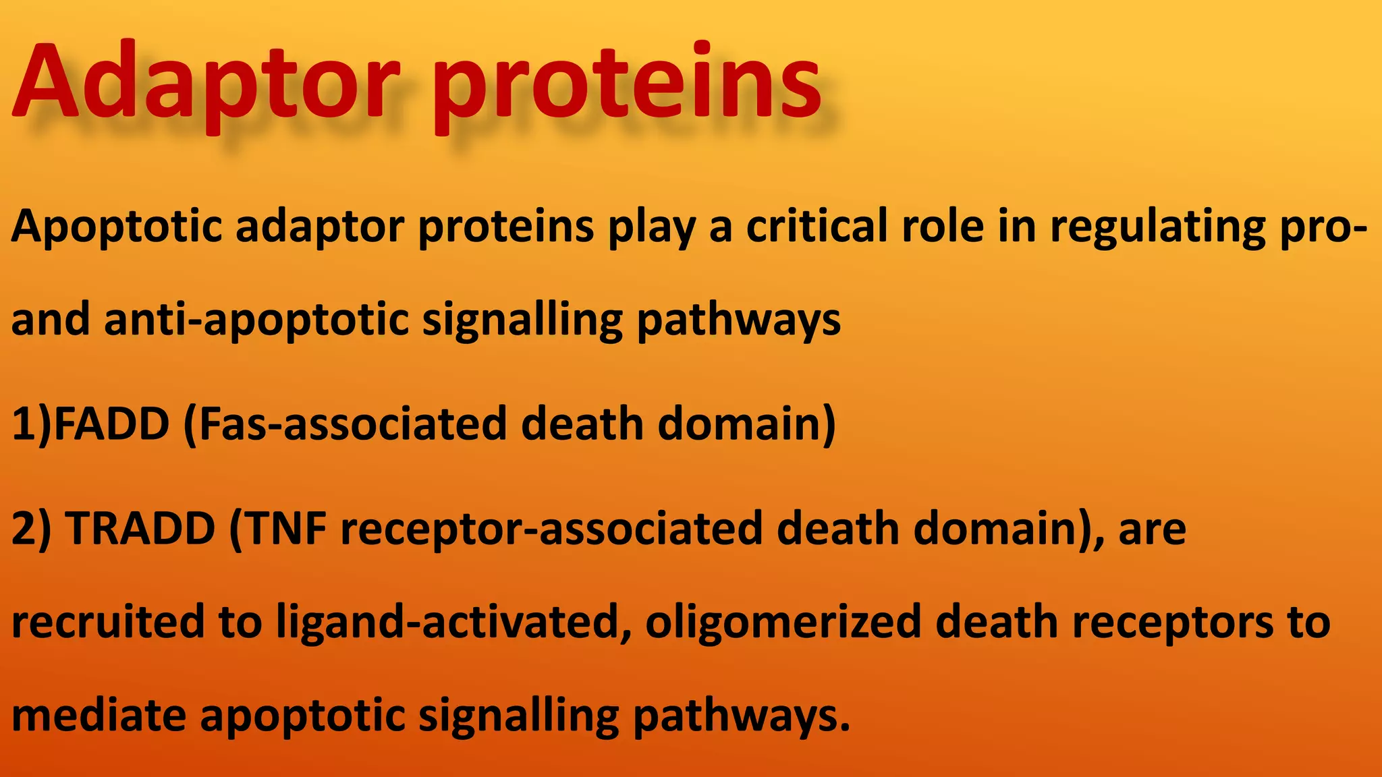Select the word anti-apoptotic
coord(256,320)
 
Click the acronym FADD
coord(111,424)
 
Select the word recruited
coord(108,622)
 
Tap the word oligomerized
coord(783,622)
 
